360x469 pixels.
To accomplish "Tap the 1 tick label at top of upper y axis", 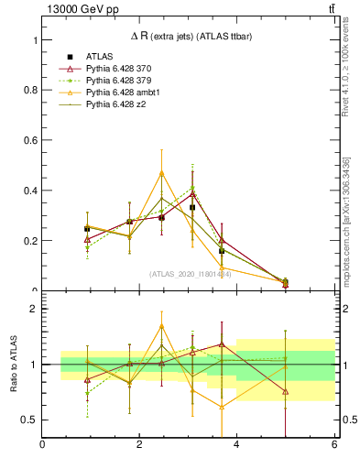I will [x=36, y=41].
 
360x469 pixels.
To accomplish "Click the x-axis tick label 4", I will [x=236, y=444].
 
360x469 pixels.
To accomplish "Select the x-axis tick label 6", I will [x=333, y=444].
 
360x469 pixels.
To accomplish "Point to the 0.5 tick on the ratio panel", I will [x=30, y=420].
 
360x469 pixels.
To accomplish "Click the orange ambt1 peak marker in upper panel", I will [x=161, y=172].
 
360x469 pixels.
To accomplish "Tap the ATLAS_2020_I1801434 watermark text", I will [x=190, y=274].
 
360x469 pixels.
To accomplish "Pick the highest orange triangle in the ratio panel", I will [x=161, y=326].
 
